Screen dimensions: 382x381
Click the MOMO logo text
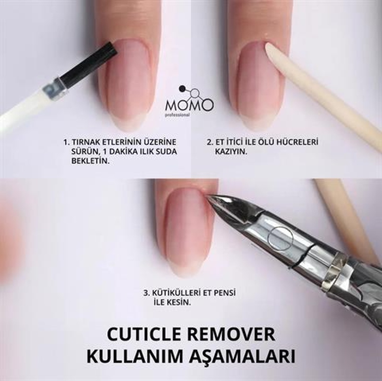(190, 105)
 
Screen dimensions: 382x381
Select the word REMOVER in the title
(232, 335)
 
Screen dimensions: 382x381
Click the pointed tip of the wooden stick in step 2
(267, 45)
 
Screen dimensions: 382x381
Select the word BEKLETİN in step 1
(90, 161)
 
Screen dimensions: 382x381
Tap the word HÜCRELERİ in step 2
(296, 142)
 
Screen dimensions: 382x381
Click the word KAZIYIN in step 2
(231, 152)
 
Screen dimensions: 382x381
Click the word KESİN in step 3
(178, 303)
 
